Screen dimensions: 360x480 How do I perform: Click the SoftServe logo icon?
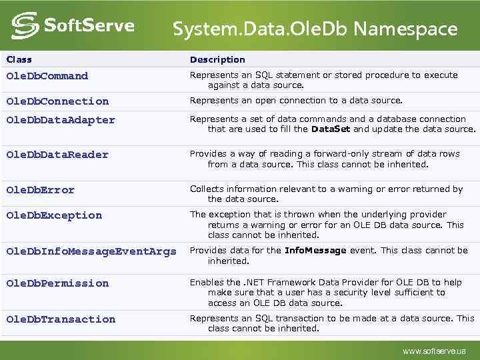click(25, 26)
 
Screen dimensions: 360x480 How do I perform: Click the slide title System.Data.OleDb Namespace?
click(315, 29)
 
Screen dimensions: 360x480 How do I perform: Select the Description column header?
click(217, 59)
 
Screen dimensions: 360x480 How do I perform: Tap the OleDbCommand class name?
click(47, 76)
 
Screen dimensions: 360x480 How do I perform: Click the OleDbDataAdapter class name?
click(60, 120)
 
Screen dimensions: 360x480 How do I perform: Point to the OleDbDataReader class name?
click(57, 155)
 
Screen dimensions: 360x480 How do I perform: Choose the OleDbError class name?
click(40, 190)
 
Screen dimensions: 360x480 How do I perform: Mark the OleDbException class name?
click(54, 215)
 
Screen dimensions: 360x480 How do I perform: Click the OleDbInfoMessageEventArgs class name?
click(91, 251)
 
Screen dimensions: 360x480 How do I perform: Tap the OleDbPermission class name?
click(57, 283)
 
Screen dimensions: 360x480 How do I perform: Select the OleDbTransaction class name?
click(60, 319)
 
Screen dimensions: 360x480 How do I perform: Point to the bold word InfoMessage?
click(315, 251)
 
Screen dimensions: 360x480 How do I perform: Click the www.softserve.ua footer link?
click(434, 351)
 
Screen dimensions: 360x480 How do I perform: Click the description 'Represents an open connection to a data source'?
click(296, 101)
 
